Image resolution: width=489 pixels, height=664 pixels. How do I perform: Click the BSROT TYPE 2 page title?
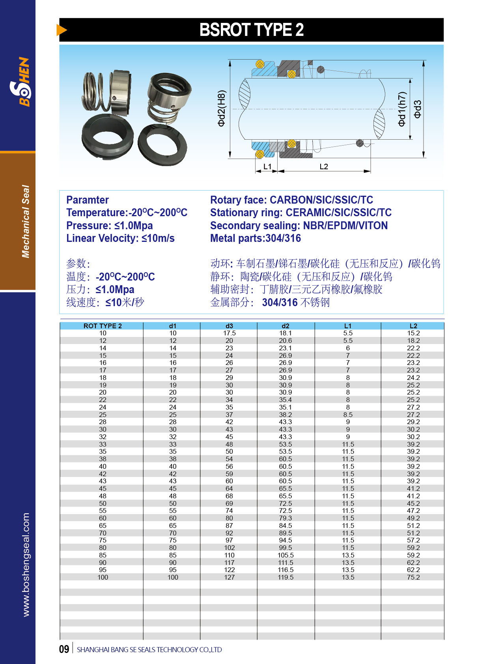click(251, 30)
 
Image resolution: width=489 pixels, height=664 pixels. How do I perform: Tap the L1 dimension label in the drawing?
click(267, 166)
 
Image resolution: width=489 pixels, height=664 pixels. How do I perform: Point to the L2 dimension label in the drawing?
click(324, 166)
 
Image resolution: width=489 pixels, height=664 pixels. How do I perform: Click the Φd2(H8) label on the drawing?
click(222, 108)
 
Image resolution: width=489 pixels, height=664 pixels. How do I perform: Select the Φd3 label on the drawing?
click(417, 109)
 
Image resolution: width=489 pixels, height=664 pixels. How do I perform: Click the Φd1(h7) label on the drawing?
click(402, 109)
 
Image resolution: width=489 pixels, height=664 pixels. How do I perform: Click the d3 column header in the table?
click(229, 326)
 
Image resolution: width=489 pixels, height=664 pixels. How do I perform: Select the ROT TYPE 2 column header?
click(103, 326)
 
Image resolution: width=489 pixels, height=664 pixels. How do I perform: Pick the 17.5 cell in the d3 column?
click(229, 333)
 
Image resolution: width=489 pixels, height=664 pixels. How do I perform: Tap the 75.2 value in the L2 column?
click(413, 577)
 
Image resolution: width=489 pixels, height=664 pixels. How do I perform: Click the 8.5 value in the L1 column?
click(348, 415)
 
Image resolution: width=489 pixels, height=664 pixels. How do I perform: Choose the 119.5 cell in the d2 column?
click(286, 577)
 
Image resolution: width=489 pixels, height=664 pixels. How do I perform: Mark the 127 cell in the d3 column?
click(229, 577)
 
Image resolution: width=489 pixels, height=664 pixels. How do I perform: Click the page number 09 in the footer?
click(64, 649)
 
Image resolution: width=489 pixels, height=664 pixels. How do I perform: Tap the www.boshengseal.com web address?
click(26, 565)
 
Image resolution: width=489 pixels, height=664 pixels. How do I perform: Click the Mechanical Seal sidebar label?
click(26, 221)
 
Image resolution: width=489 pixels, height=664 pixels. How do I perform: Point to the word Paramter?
click(88, 200)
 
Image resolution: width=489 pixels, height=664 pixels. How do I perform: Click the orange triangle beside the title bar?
click(62, 30)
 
